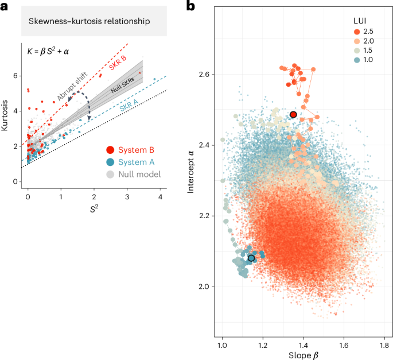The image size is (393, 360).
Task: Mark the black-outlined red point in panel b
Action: [293, 115]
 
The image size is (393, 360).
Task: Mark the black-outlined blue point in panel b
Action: [251, 258]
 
